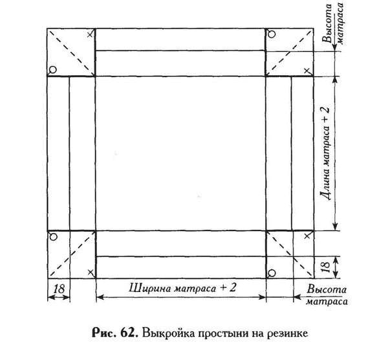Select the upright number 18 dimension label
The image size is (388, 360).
(x=59, y=289)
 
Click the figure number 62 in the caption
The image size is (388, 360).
(x=129, y=333)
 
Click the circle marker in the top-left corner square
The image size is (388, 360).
(x=53, y=70)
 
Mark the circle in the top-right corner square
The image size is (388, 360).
(x=272, y=34)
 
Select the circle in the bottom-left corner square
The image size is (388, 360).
(x=54, y=237)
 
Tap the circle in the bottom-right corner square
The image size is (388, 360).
(x=272, y=273)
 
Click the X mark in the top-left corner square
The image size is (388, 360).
(x=91, y=35)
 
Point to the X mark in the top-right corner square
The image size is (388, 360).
(x=307, y=71)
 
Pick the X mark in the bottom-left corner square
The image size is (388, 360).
(x=91, y=273)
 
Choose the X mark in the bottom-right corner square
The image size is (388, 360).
(x=307, y=236)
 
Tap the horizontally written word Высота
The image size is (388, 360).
(x=327, y=289)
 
